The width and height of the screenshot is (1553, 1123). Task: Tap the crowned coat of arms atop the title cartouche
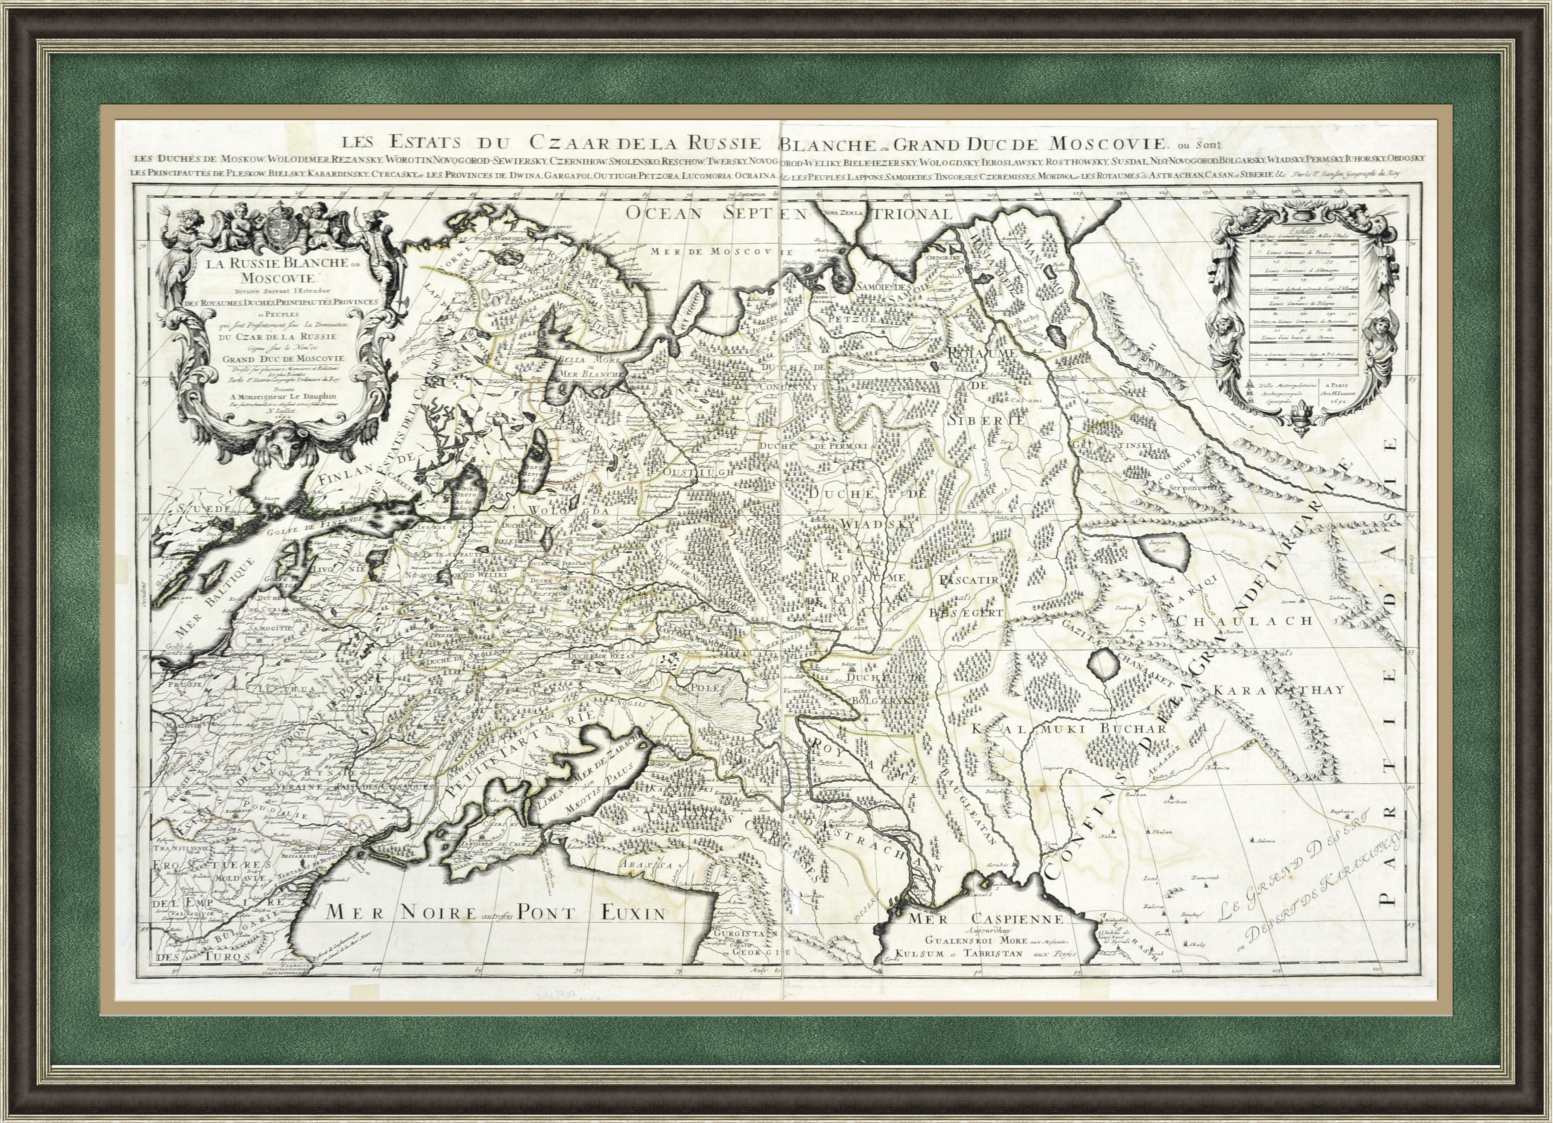tap(277, 226)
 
